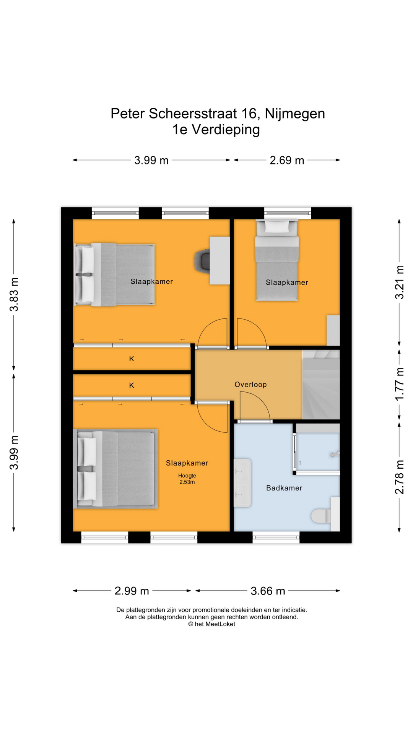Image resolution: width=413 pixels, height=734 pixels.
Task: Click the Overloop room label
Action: [x=250, y=385]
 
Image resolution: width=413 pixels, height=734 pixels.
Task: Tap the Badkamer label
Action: [x=284, y=488]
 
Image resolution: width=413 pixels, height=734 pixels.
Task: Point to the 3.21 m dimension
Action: [x=399, y=282]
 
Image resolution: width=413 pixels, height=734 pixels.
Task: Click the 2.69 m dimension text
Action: [x=287, y=160]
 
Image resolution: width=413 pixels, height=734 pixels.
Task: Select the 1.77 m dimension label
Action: [x=399, y=384]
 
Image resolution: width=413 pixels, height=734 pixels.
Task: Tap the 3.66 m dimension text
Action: [x=268, y=591]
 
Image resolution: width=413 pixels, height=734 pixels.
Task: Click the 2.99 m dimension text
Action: [x=132, y=591]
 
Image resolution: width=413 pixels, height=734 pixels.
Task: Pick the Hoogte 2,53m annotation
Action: [x=187, y=479]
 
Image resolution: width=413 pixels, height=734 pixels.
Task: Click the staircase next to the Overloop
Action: [x=321, y=385]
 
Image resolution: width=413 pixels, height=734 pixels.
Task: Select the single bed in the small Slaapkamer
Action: [x=277, y=260]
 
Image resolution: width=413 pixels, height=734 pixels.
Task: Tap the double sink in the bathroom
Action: [x=242, y=483]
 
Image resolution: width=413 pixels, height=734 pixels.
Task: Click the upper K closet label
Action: [x=132, y=359]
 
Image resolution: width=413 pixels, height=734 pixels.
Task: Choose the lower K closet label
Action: [x=132, y=385]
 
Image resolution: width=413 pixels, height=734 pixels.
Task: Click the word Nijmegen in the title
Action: [x=295, y=114]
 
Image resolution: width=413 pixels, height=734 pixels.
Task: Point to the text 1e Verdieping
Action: [x=216, y=130]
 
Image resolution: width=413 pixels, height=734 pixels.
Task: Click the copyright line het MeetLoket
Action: [x=211, y=624]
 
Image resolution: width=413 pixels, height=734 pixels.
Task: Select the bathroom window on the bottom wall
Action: [x=276, y=537]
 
